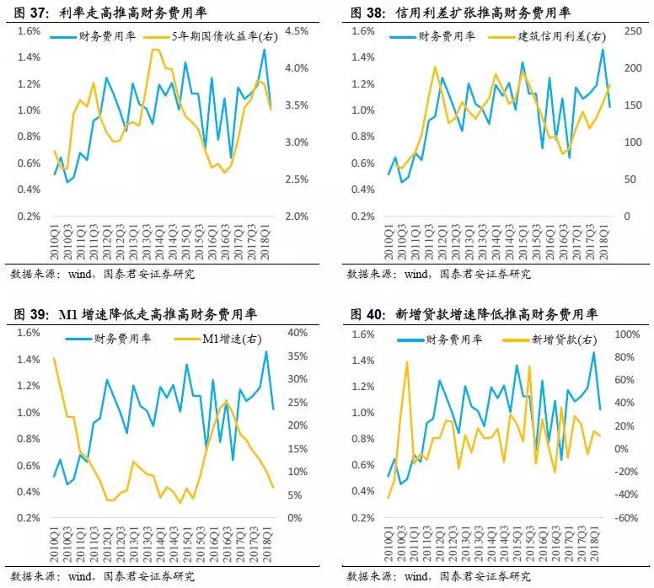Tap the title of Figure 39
[135, 314]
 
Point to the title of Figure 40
[472, 314]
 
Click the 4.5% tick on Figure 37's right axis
[299, 31]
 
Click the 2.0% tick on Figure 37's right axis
[299, 216]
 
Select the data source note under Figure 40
[437, 576]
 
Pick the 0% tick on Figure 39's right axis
[293, 518]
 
